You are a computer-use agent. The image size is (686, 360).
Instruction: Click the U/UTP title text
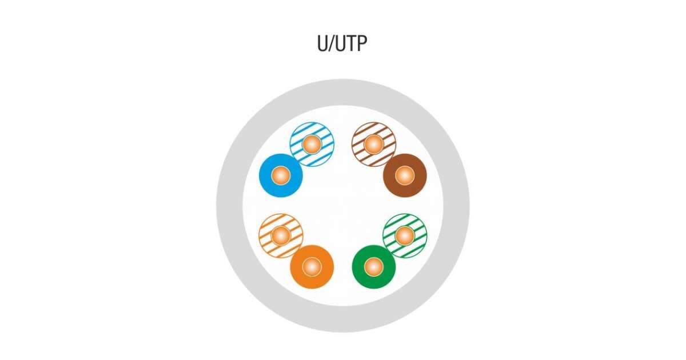coord(342,43)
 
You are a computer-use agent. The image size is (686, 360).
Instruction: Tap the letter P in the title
coord(360,43)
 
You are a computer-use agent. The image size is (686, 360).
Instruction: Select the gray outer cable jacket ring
coord(229,206)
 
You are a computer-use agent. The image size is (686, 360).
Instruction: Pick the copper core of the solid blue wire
coord(281,175)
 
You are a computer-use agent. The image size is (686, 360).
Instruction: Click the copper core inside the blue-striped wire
coord(312,144)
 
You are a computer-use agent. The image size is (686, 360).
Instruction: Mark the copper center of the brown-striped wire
coord(373,144)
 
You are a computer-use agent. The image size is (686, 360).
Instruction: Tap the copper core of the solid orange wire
coord(312,267)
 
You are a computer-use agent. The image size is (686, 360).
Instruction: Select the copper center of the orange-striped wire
coord(281,235)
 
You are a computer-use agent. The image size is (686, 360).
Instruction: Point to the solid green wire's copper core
coord(373,267)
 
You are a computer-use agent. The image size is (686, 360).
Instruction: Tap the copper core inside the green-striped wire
coord(404,235)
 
